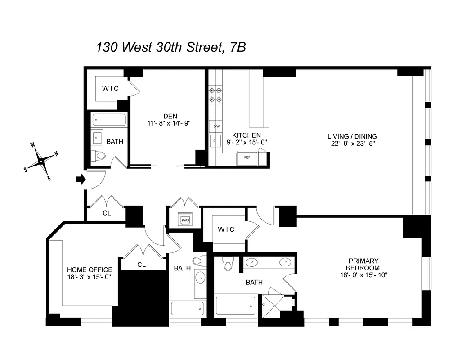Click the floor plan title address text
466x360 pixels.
point(171,47)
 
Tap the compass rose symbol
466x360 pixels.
point(41,161)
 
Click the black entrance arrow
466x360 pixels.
point(81,180)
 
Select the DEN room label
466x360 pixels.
point(170,116)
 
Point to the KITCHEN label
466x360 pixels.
point(246,135)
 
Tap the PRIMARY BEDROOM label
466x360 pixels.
point(363,264)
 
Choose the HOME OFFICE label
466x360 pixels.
point(90,270)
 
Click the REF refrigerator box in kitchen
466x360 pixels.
point(247,158)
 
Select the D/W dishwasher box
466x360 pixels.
point(215,126)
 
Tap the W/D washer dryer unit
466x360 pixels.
point(185,220)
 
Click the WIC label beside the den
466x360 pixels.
point(110,89)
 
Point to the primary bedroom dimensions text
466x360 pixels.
point(363,274)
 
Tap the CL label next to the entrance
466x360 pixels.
point(107,213)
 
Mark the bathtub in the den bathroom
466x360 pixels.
point(109,121)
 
